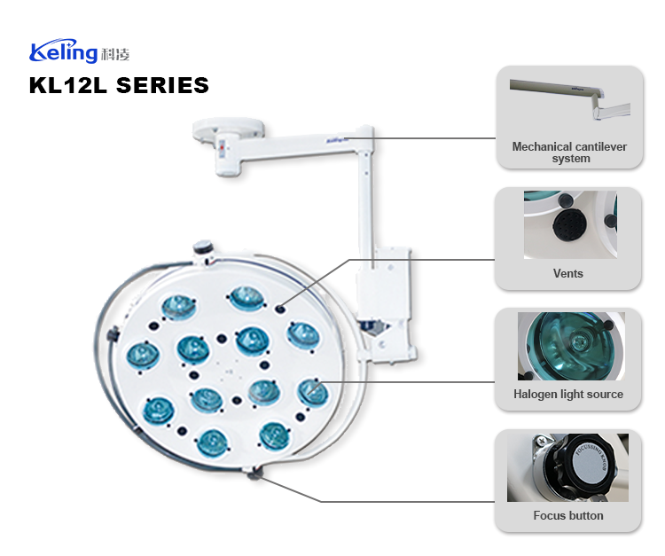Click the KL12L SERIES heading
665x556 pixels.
click(119, 85)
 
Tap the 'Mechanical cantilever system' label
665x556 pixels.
click(568, 153)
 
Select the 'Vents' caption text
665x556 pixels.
click(567, 273)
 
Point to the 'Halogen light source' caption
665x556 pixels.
click(567, 394)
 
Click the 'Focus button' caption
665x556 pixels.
click(567, 515)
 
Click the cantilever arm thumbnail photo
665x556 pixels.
click(568, 103)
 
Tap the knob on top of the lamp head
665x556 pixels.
click(204, 247)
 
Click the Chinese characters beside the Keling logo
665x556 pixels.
click(116, 54)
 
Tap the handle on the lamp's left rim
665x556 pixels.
click(111, 336)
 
